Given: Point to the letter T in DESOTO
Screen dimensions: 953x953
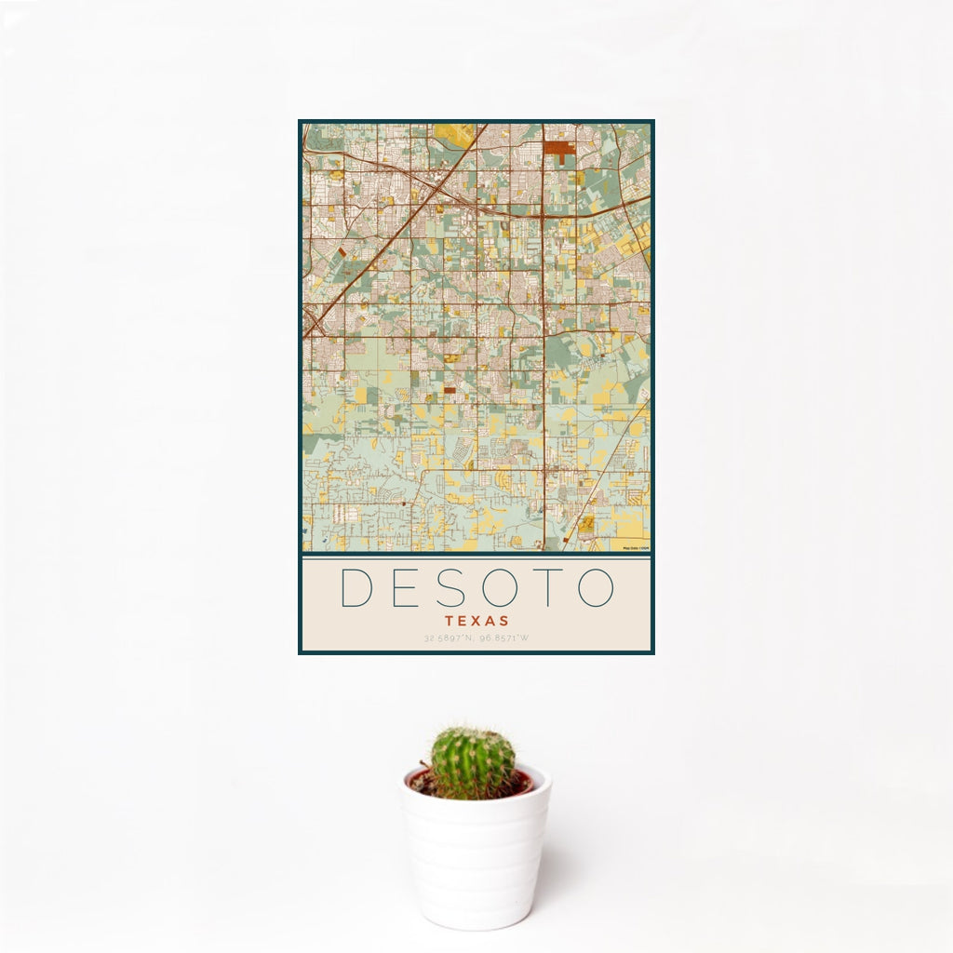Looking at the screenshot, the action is click(x=545, y=587).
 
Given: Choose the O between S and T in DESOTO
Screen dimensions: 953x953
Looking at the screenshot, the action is click(x=499, y=587).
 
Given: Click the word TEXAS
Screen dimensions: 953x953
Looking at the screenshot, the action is click(x=476, y=620).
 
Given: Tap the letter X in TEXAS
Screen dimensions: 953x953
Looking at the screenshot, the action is click(x=476, y=620).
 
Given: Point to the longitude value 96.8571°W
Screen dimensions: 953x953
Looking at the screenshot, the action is click(x=505, y=638).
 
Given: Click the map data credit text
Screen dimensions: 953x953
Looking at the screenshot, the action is click(x=636, y=548).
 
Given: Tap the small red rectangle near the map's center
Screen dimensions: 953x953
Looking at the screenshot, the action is click(x=450, y=390).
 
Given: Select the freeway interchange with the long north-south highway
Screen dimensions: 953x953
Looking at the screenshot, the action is click(x=544, y=216).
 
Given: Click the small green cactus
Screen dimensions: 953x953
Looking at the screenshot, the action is click(x=472, y=762).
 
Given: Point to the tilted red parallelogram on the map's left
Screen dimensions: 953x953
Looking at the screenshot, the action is click(x=342, y=251).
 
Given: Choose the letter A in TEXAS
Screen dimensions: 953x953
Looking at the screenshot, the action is click(x=490, y=620).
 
